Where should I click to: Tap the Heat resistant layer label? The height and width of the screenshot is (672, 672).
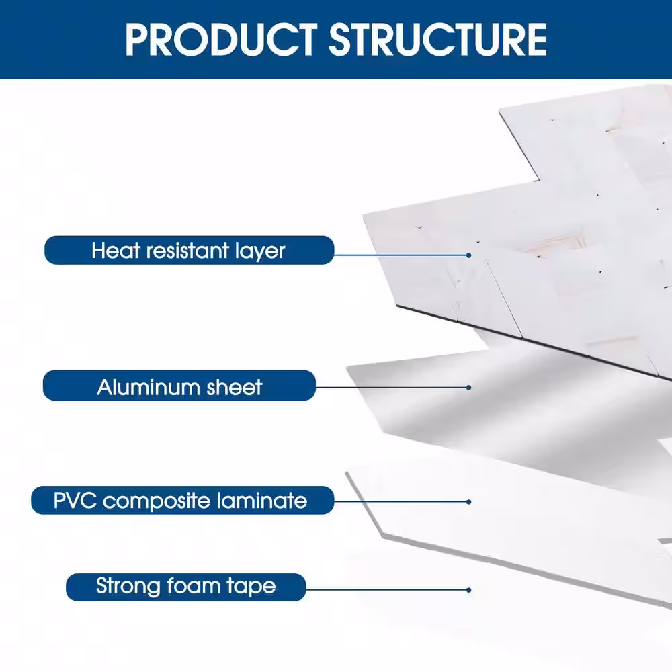tap(189, 251)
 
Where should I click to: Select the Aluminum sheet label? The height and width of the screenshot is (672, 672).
tap(179, 387)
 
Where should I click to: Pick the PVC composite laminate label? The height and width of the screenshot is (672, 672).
tap(182, 501)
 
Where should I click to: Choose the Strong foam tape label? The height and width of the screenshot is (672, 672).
tap(185, 586)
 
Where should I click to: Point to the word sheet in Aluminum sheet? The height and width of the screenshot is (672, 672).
tap(235, 387)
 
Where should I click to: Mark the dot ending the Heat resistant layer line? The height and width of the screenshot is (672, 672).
tap(468, 255)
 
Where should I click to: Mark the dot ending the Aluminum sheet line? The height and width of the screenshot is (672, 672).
tap(468, 387)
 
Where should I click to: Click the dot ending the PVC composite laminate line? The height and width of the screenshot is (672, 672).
tap(468, 501)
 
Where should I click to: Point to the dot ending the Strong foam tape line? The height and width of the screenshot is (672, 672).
tap(468, 590)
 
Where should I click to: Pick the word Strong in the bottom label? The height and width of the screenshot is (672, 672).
tap(130, 586)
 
